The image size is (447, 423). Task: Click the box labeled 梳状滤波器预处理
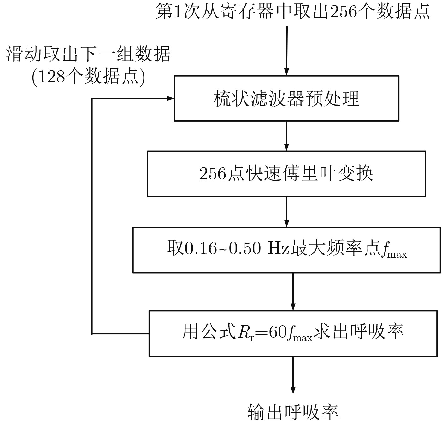(286, 98)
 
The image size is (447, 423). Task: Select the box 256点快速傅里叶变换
(286, 174)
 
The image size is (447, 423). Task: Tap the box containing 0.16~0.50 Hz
(286, 250)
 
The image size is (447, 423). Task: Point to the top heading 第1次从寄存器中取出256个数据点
(293, 11)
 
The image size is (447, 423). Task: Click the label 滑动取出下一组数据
(88, 54)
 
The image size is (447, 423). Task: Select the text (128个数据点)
(88, 77)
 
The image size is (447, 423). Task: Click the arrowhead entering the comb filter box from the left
(170, 98)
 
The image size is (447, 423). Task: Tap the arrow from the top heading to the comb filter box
(287, 50)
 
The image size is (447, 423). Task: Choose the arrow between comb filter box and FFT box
(286, 136)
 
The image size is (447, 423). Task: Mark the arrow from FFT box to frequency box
(286, 212)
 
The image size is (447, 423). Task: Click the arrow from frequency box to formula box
(293, 292)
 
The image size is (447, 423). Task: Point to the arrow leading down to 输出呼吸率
(293, 375)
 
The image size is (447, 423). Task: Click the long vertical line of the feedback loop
(92, 216)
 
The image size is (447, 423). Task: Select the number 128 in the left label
(52, 77)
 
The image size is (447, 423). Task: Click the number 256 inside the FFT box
(213, 174)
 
